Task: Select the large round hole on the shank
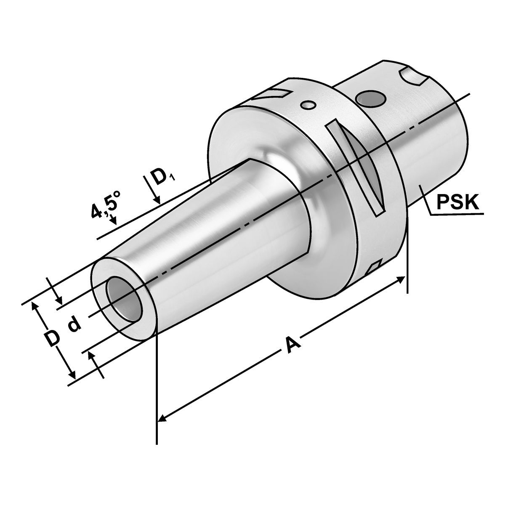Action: tap(369, 99)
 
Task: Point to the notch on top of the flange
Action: tap(276, 93)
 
